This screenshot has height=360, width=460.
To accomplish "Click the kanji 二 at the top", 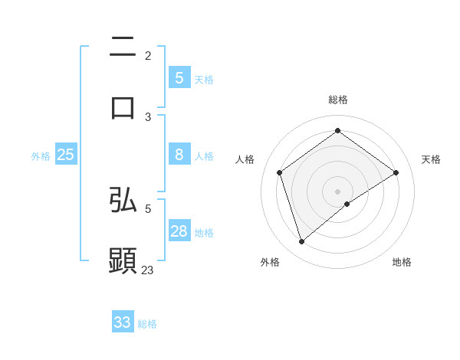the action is click(123, 48).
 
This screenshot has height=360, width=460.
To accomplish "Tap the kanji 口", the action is click(123, 106).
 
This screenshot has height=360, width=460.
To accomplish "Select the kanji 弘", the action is click(123, 200).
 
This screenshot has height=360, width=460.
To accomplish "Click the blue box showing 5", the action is click(179, 77).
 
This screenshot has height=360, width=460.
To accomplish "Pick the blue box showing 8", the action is click(179, 155).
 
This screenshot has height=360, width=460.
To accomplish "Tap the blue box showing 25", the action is click(65, 155).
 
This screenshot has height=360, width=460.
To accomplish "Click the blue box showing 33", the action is click(123, 322).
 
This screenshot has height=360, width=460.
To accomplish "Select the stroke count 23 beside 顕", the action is click(148, 270).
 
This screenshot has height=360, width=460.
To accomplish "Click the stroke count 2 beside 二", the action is click(148, 56).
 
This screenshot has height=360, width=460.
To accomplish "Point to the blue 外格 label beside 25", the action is click(41, 155).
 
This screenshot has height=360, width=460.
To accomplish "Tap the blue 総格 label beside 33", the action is click(147, 324).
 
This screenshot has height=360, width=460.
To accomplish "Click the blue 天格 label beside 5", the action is click(204, 79).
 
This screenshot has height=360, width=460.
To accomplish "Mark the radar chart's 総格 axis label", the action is click(337, 100).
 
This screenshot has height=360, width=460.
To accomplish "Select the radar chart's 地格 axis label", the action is click(402, 262).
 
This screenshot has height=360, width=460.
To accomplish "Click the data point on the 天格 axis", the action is click(396, 172).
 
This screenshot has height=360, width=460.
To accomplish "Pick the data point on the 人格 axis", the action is click(280, 172).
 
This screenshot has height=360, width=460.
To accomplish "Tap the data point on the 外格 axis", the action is click(301, 241).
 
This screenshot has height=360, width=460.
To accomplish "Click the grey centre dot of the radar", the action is click(337, 191).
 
